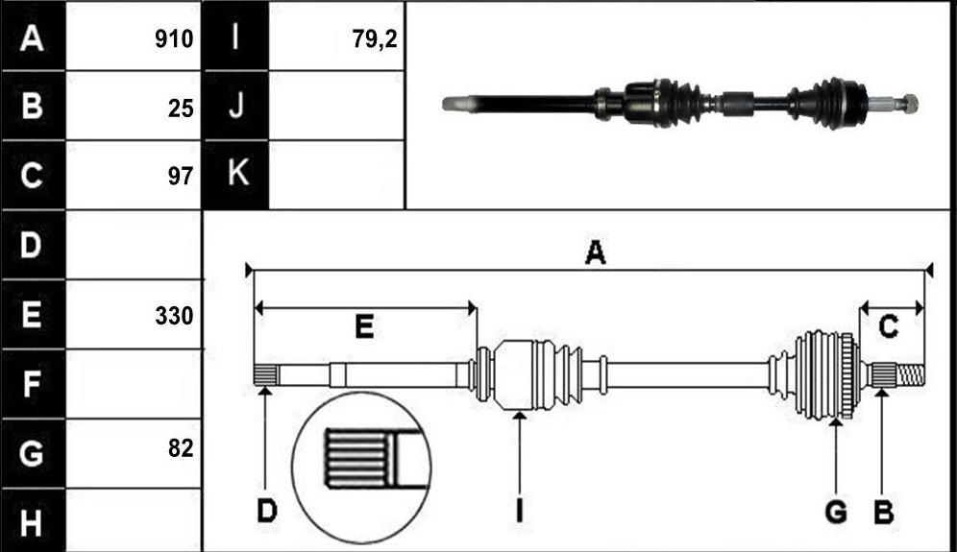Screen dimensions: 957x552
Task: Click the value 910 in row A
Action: pyautogui.click(x=174, y=39)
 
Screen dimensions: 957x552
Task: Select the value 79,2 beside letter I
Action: pyautogui.click(x=374, y=39)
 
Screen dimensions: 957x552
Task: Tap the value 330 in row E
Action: pyautogui.click(x=174, y=316)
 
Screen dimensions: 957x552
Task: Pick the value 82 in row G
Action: pyautogui.click(x=181, y=448)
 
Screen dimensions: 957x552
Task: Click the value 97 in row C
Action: pyautogui.click(x=181, y=177)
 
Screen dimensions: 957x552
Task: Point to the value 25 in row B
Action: pyautogui.click(x=181, y=108)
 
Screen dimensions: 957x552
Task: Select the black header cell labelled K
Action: pyautogui.click(x=235, y=175)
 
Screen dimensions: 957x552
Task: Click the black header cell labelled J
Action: pyautogui.click(x=235, y=106)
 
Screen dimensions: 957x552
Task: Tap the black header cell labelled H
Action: pyautogui.click(x=33, y=521)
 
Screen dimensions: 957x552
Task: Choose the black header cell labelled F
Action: pyautogui.click(x=33, y=384)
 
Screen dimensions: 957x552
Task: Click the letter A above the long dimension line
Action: pyautogui.click(x=595, y=252)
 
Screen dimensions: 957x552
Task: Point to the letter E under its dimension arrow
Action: pyautogui.click(x=364, y=326)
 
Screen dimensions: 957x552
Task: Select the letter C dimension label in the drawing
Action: pyautogui.click(x=888, y=326)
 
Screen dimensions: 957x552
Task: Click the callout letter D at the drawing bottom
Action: pyautogui.click(x=267, y=511)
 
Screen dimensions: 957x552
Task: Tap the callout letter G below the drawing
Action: pyautogui.click(x=836, y=511)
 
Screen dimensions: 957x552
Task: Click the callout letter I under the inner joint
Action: pyautogui.click(x=520, y=511)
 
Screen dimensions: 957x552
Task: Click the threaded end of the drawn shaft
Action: pyautogui.click(x=910, y=373)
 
